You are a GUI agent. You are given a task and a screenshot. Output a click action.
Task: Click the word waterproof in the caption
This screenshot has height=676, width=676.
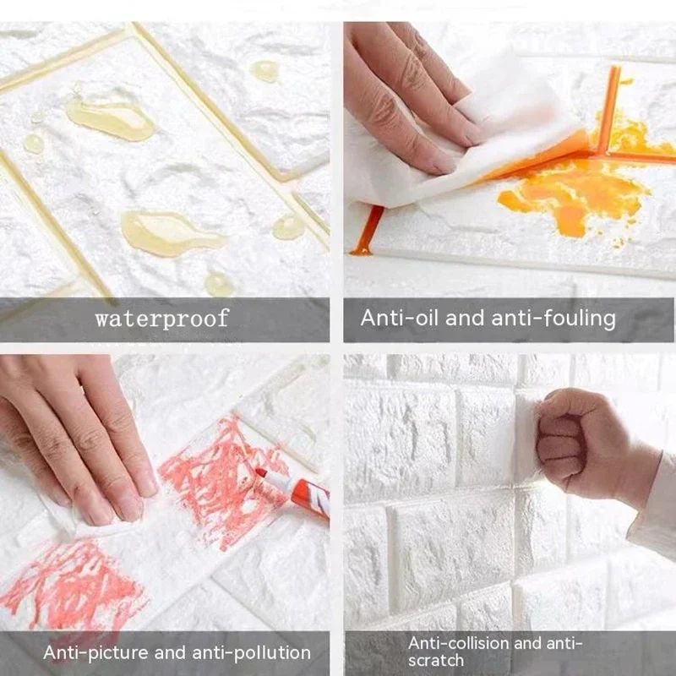(161, 319)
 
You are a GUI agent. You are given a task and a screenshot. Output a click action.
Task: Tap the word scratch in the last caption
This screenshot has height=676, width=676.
(436, 661)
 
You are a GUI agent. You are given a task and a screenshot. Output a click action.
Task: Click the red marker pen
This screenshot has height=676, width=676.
(296, 493)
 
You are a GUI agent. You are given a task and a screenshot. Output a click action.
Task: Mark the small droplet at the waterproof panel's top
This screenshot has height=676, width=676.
(265, 72)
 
